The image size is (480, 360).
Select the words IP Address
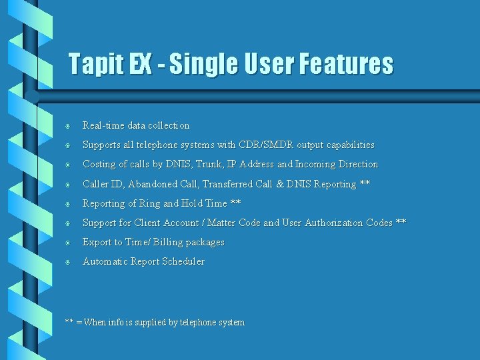coord(251,164)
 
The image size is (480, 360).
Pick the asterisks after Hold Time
coord(235,203)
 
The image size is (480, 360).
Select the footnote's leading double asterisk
coord(69,322)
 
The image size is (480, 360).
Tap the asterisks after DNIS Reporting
coord(365,183)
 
